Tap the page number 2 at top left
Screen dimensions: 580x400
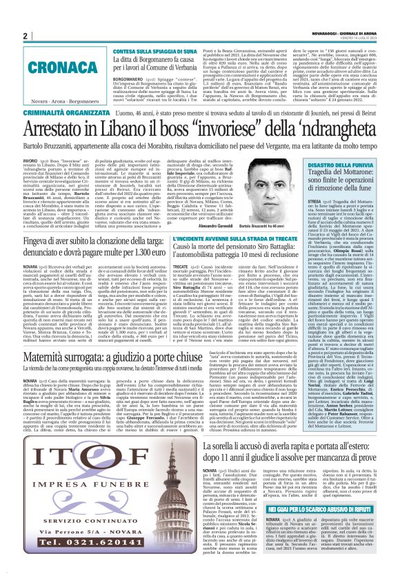click(25, 36)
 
